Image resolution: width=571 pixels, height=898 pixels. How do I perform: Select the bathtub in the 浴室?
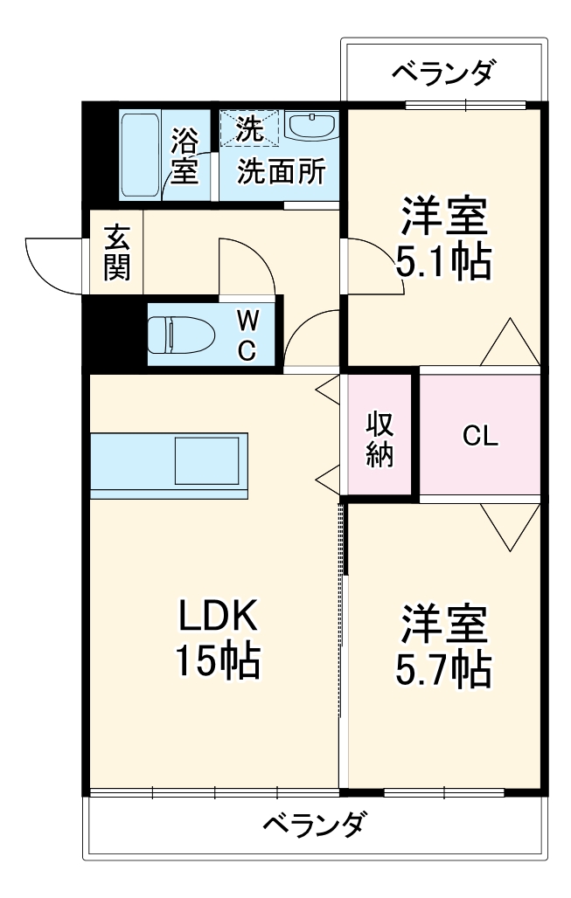click(140, 155)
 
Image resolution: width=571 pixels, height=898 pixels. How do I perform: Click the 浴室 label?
click(185, 155)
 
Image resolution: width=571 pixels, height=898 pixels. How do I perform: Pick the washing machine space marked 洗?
click(248, 129)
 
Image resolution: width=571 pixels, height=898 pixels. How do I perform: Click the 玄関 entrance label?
click(116, 252)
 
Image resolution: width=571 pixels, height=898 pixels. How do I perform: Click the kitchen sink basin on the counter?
click(207, 460)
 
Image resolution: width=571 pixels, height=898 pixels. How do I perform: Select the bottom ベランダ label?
click(314, 824)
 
